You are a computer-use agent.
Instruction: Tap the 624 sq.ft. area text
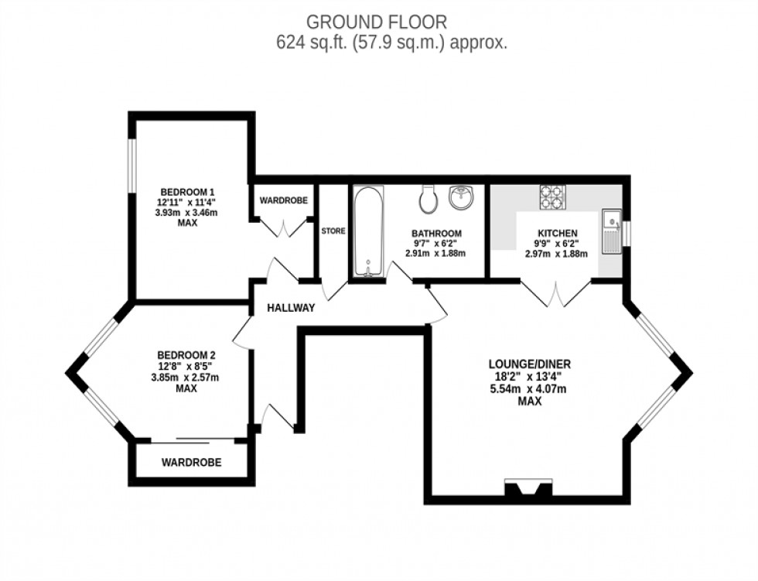pos(391,43)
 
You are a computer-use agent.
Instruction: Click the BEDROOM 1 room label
pos(187,193)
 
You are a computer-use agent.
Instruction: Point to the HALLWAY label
pos(291,308)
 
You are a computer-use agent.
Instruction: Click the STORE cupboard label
pos(333,231)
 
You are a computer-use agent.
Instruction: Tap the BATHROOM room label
pos(436,234)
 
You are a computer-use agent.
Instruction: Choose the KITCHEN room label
pos(557,234)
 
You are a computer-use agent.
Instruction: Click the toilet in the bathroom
pos(428,200)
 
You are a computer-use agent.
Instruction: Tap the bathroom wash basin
pos(463,197)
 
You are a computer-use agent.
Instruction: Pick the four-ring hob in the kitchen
pos(553,197)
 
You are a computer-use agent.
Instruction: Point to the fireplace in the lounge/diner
pos(528,489)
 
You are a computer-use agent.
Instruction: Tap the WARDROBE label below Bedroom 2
pos(191,463)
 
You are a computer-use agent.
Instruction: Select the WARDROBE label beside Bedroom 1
pos(283,200)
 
